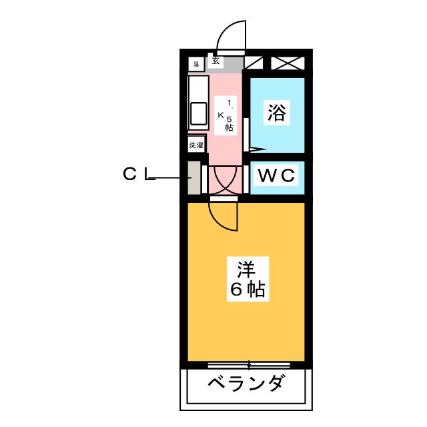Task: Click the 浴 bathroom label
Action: pos(277,113)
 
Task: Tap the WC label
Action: pos(277,176)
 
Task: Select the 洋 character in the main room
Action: pos(246,270)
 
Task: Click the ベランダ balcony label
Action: pos(246,385)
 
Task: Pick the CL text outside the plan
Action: pos(138,175)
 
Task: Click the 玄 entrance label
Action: pos(216,61)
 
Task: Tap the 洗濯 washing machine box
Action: pos(196,145)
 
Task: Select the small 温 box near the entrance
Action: pos(196,64)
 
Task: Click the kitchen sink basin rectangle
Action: pos(199,113)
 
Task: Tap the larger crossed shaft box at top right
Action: pos(288,63)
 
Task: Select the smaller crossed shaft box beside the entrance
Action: pos(254,63)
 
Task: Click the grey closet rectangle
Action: pos(193,177)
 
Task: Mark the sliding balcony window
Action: pos(248,365)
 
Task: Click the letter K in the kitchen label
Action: pos(221,115)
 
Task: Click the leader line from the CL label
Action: pos(171,178)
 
